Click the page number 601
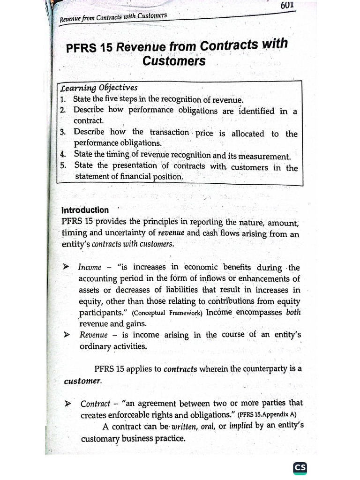pyautogui.click(x=287, y=6)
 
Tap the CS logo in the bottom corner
pyautogui.click(x=300, y=468)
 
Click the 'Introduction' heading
pyautogui.click(x=85, y=210)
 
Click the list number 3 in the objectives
pyautogui.click(x=63, y=133)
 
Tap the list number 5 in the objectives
pyautogui.click(x=63, y=165)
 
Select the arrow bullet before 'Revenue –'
pyautogui.click(x=67, y=335)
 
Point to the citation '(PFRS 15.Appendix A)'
pyautogui.click(x=267, y=415)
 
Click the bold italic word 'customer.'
pyautogui.click(x=82, y=381)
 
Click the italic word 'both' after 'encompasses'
pyautogui.click(x=293, y=312)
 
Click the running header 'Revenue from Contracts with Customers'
pyautogui.click(x=113, y=18)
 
